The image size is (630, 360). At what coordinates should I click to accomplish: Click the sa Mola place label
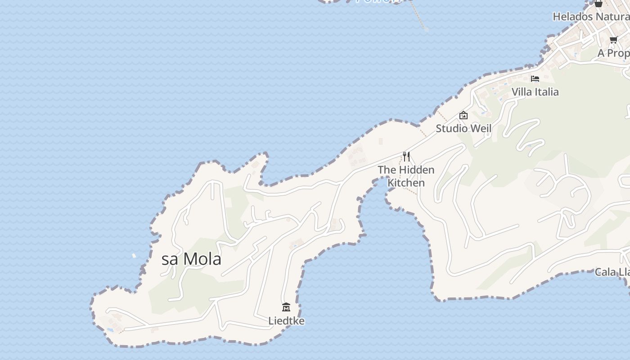pos(191,259)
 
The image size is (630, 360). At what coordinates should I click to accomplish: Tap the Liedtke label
pos(286,321)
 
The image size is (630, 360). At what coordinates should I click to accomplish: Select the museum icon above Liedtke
pos(286,307)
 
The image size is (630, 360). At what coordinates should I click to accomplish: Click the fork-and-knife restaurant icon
pos(406,157)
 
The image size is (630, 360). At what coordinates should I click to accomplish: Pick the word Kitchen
pos(406,183)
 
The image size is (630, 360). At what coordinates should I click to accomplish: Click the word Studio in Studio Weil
pos(452,129)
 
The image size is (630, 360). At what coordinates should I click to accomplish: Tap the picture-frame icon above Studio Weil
pos(463,116)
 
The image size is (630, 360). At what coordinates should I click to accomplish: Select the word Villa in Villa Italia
pos(522,92)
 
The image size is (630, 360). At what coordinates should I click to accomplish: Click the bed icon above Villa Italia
pos(535,79)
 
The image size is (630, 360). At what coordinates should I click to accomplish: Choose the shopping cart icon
pos(613,40)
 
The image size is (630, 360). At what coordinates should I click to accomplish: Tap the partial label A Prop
pos(613,53)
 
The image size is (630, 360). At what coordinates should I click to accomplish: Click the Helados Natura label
pos(590,17)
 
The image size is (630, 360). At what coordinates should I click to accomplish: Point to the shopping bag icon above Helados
pos(598,4)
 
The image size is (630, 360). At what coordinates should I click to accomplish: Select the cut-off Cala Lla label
pos(612,272)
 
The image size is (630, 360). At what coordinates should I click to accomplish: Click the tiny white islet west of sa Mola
pos(134,256)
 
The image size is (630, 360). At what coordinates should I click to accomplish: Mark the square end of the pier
pos(426,29)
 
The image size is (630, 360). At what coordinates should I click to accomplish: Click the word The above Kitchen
pos(387,170)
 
